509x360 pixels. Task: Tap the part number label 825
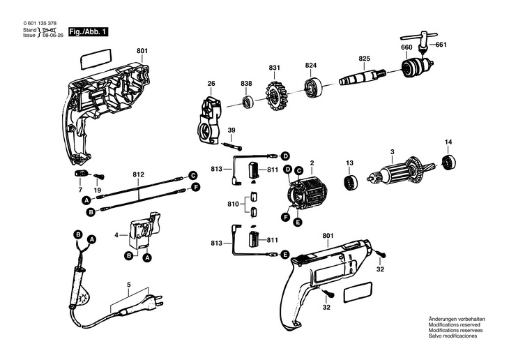point(365,58)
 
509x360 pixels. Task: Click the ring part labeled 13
point(349,180)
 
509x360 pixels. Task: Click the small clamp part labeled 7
point(80,172)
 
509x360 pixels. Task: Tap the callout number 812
point(138,174)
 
